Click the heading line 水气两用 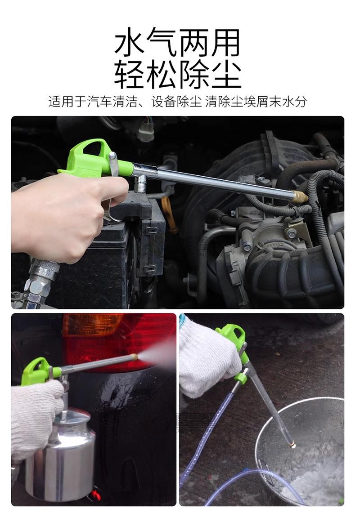click(177, 42)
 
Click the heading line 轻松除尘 click(177, 74)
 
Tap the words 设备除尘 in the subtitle click(176, 102)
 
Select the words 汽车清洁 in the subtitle click(112, 102)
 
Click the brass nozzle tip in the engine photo click(300, 197)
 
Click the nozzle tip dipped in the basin click(291, 443)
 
